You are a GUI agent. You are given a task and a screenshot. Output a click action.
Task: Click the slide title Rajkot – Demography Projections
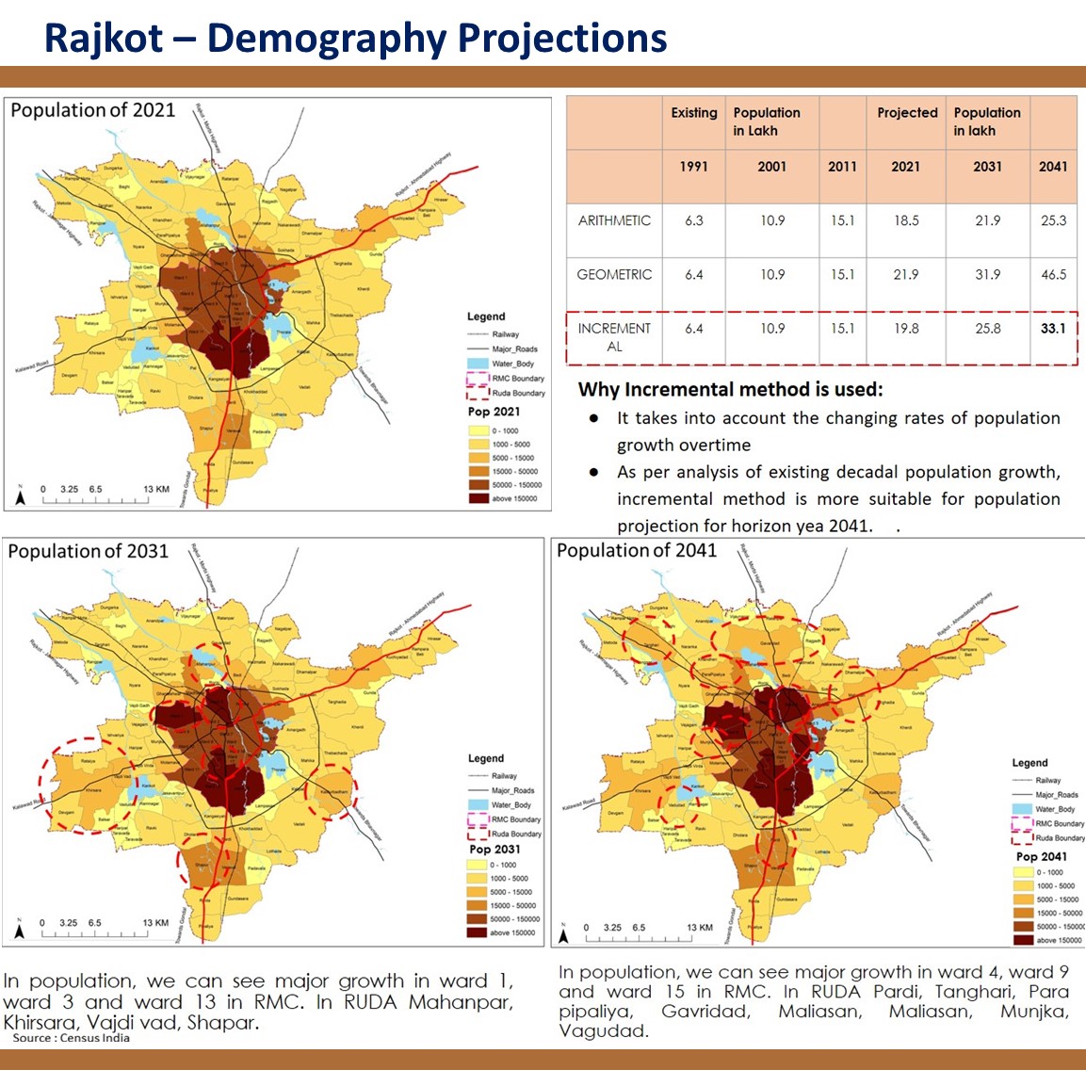click(x=355, y=39)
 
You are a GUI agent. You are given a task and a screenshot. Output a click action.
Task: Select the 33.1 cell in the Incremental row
click(x=1052, y=329)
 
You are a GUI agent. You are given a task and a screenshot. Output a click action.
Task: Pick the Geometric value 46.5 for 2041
click(x=1053, y=275)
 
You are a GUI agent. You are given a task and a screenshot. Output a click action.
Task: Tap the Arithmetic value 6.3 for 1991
click(x=694, y=220)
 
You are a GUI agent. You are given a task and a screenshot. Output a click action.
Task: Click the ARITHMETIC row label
click(x=614, y=220)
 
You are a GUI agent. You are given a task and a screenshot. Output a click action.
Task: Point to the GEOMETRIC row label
click(x=614, y=275)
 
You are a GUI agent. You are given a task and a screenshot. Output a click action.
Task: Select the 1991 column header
click(x=694, y=167)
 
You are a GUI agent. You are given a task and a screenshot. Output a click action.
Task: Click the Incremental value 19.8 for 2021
click(x=905, y=329)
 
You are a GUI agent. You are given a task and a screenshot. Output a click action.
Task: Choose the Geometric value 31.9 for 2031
click(x=987, y=275)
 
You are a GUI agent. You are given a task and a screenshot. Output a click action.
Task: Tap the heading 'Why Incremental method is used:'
click(x=730, y=390)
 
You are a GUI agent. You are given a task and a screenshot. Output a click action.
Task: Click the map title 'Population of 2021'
click(x=92, y=110)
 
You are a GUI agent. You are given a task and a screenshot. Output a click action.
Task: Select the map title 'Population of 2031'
click(x=88, y=551)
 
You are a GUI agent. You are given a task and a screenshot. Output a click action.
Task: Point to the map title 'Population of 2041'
click(x=637, y=551)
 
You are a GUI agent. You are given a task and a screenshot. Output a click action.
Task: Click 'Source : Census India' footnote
click(x=72, y=1038)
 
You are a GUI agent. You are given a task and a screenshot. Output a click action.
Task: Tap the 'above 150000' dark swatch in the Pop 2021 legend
click(x=478, y=498)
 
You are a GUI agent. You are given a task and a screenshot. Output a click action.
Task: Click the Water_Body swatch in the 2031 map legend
click(x=478, y=805)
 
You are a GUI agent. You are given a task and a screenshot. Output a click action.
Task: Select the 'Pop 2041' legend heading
click(x=1041, y=857)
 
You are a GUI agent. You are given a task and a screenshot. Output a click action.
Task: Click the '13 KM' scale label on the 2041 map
click(x=700, y=928)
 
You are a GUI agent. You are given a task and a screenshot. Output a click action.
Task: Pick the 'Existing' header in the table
click(x=694, y=113)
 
